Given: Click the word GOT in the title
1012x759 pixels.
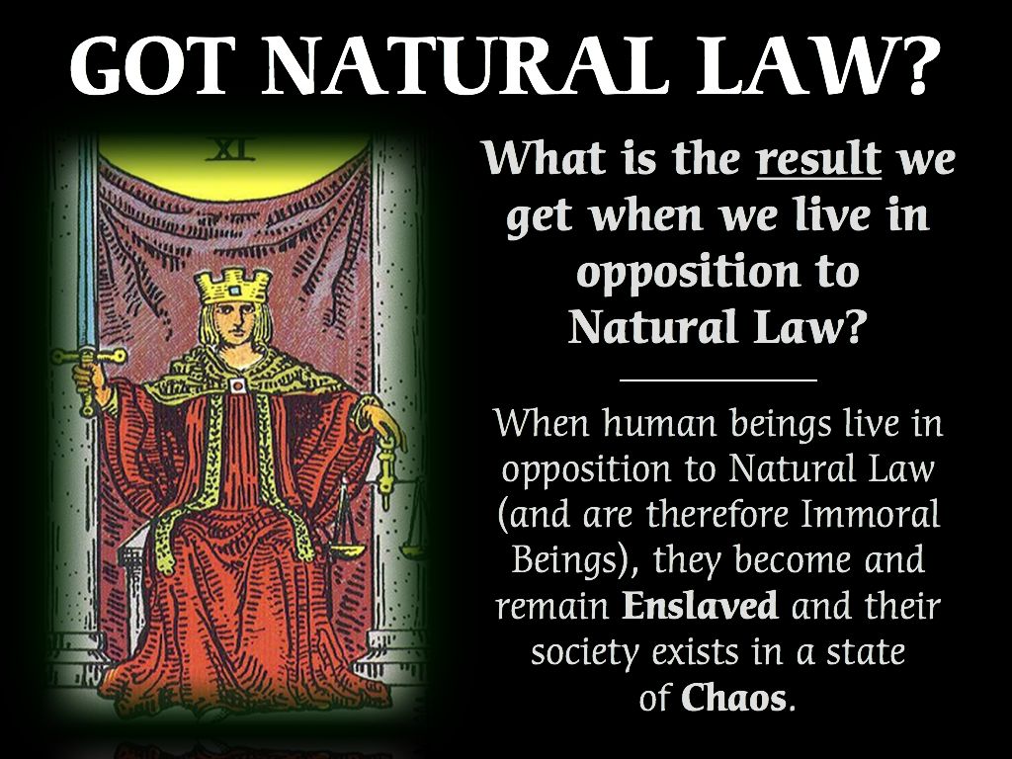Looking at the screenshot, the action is [x=150, y=63].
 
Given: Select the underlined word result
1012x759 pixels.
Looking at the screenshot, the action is [x=819, y=158].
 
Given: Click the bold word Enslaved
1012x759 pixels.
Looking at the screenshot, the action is [x=700, y=606].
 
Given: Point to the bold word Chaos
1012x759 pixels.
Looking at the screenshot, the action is [x=733, y=698].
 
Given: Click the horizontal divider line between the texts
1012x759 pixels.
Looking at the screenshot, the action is [x=718, y=380].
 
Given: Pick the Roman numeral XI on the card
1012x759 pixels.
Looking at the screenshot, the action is [x=230, y=149].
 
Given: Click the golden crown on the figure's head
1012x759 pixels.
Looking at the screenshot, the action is [x=231, y=287].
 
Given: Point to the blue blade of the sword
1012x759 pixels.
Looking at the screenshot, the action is [x=86, y=244].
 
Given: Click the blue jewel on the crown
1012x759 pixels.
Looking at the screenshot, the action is [x=234, y=292].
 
